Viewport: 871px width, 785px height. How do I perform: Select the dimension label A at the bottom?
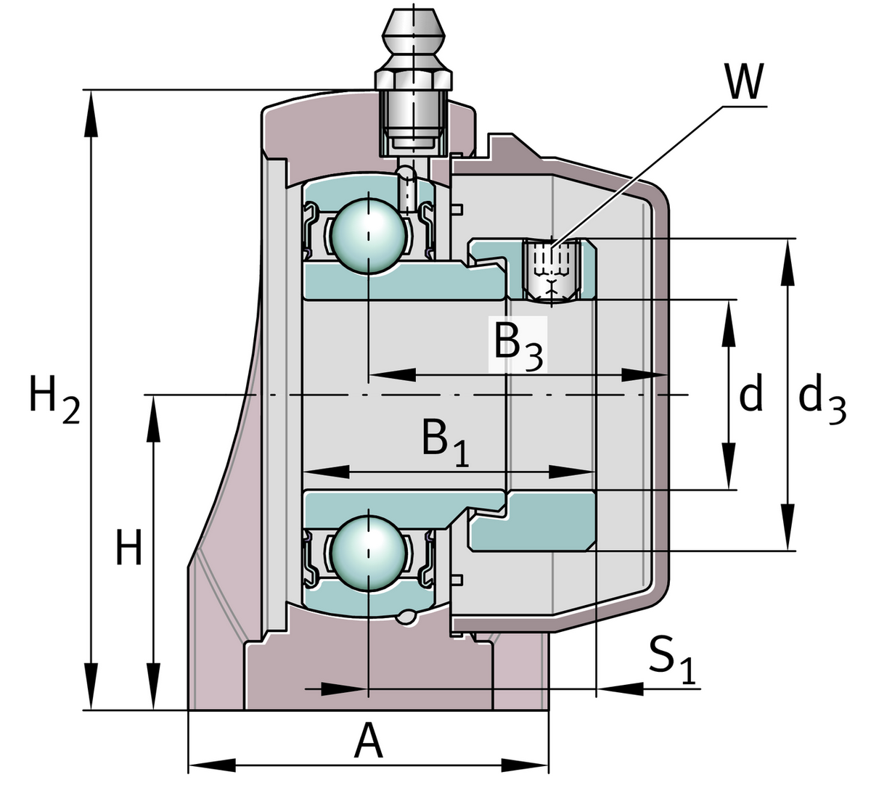pos(368,742)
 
